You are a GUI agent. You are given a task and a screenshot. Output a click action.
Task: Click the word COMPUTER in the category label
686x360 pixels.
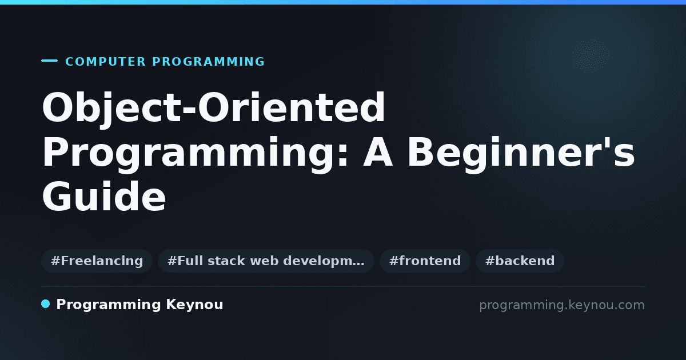click(x=105, y=62)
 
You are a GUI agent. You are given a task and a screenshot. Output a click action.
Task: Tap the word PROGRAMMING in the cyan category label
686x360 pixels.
click(x=208, y=62)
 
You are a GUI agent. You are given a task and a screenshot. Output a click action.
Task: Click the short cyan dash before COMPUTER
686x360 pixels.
click(x=49, y=61)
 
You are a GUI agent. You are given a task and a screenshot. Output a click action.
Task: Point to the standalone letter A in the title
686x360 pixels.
click(x=378, y=152)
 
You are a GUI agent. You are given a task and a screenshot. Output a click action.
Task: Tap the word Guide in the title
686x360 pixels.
click(x=104, y=197)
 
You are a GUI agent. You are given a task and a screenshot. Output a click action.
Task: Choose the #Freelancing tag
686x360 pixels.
click(x=97, y=261)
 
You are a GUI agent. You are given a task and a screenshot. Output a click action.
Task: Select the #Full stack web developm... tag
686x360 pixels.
click(x=266, y=261)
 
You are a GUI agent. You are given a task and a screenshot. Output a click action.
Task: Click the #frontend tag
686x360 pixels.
click(x=425, y=261)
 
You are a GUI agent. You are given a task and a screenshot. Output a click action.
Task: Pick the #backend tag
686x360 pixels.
click(x=520, y=261)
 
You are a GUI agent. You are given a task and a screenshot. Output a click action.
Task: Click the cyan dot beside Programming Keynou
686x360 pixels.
click(x=46, y=304)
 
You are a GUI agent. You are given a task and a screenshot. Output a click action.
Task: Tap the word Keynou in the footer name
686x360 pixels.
click(x=194, y=305)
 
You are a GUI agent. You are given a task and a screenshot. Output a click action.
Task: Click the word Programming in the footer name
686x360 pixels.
click(x=109, y=305)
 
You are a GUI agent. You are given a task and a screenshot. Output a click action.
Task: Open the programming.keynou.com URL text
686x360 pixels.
click(x=562, y=305)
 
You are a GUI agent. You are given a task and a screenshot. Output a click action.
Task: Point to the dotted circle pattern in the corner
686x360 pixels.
click(x=591, y=56)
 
